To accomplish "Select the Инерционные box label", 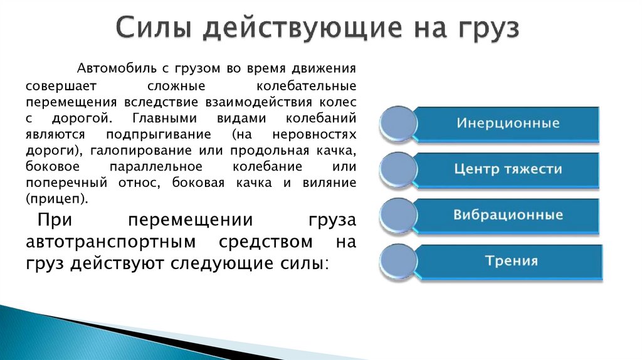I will (508, 123).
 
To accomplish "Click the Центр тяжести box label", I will (508, 169).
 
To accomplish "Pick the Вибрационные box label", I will (508, 214).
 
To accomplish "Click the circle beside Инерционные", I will (398, 124).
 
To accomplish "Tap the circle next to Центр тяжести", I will (398, 169).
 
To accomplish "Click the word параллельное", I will (155, 167).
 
